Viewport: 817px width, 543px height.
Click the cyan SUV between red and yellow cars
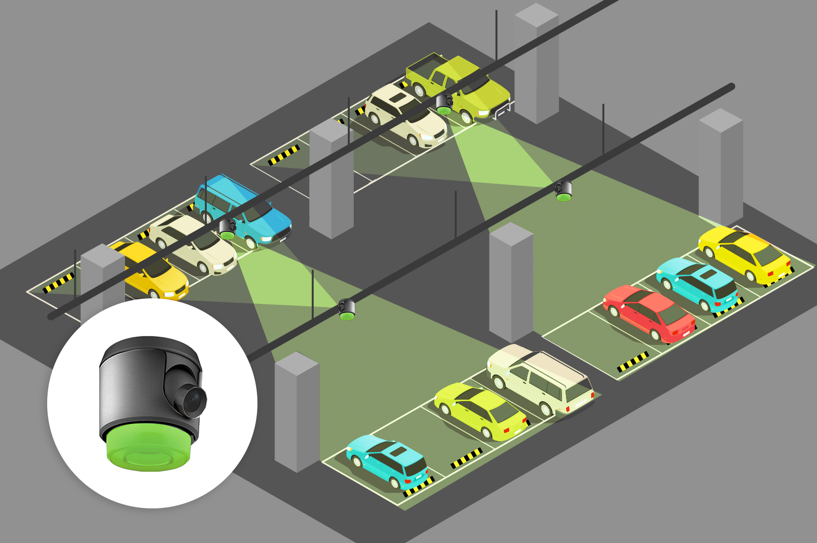pos(698,283)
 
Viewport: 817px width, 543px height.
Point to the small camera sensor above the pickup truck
pos(444,104)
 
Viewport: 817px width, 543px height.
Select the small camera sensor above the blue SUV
pos(227,229)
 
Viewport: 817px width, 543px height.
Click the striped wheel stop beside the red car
pos(632,361)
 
